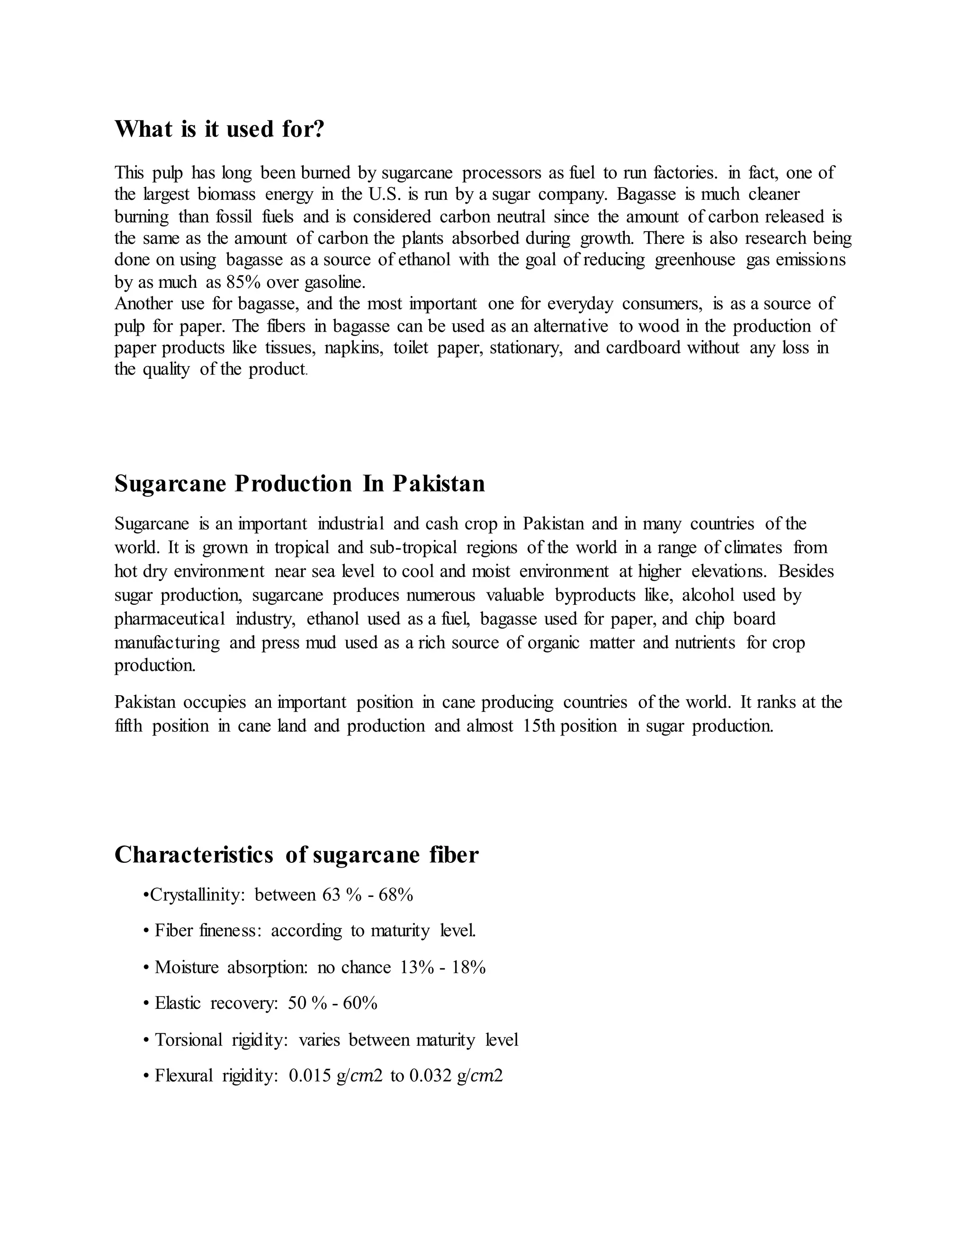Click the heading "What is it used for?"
click(219, 129)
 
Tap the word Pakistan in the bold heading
click(439, 484)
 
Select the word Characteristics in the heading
click(194, 854)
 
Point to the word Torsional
click(189, 1040)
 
